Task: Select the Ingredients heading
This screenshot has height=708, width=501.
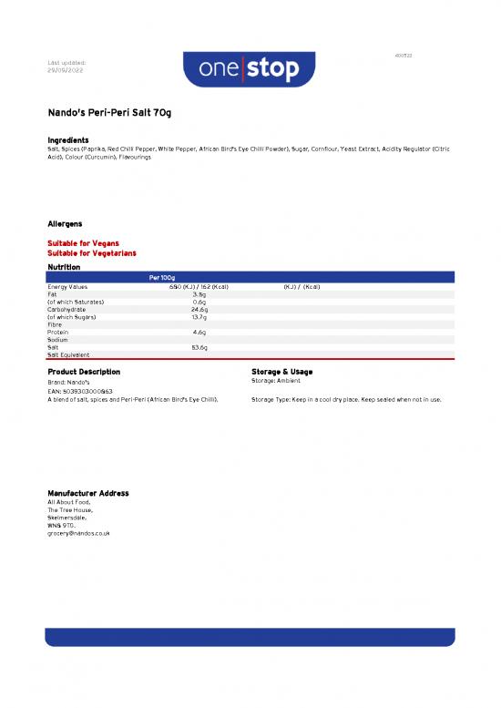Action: [x=67, y=139]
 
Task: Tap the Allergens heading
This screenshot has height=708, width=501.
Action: [x=65, y=223]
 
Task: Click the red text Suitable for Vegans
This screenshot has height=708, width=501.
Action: [x=83, y=243]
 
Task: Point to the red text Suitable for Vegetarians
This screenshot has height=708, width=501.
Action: [x=91, y=252]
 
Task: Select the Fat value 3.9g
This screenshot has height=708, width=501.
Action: [x=199, y=294]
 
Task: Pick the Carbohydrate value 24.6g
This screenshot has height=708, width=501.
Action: [x=199, y=309]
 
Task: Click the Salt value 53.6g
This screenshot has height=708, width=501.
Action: [x=199, y=347]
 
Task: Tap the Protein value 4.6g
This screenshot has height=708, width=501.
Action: [x=199, y=333]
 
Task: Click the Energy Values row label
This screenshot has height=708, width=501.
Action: [x=67, y=287]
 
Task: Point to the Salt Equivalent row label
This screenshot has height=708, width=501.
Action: [x=68, y=354]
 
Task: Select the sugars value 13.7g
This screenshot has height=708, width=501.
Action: [x=199, y=317]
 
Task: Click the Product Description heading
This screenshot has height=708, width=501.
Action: [x=84, y=372]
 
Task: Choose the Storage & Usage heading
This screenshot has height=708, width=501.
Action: [x=281, y=372]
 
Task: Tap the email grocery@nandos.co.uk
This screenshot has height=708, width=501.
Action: [x=78, y=533]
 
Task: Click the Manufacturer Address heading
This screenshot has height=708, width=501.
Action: [x=87, y=493]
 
